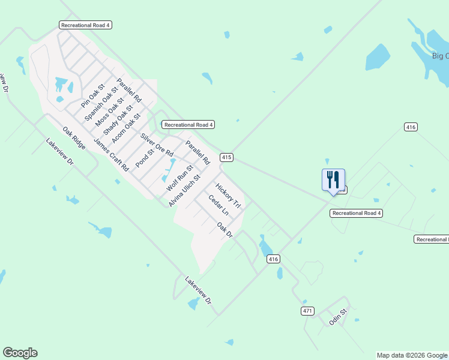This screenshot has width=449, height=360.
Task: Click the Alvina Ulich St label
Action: pos(184,191)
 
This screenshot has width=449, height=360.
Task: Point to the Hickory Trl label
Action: pos(228,196)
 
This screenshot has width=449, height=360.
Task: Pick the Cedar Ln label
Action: pos(218,205)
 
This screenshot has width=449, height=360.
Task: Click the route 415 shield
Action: pos(226,157)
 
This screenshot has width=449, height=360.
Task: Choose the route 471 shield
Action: pos(307,311)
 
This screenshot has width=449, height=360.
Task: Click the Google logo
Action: pos(20,353)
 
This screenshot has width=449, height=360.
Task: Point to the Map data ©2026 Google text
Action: pos(412,355)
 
